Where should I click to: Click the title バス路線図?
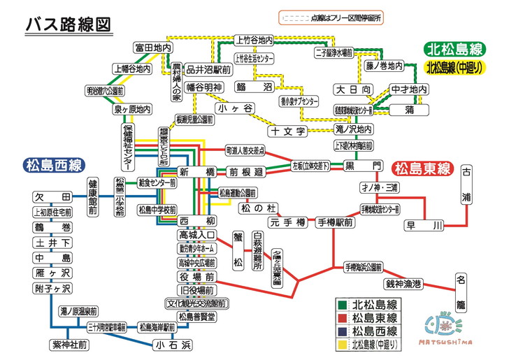click(67, 23)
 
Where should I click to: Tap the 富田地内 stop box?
click(153, 48)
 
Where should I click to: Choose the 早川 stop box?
click(424, 225)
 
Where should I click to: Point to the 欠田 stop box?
click(52, 197)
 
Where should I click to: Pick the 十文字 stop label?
click(287, 131)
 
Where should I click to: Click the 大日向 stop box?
click(352, 89)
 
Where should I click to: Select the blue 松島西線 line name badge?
click(53, 166)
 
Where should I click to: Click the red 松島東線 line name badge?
click(422, 168)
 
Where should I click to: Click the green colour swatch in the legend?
click(341, 305)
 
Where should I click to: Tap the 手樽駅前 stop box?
click(334, 222)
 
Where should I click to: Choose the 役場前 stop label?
click(196, 276)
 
